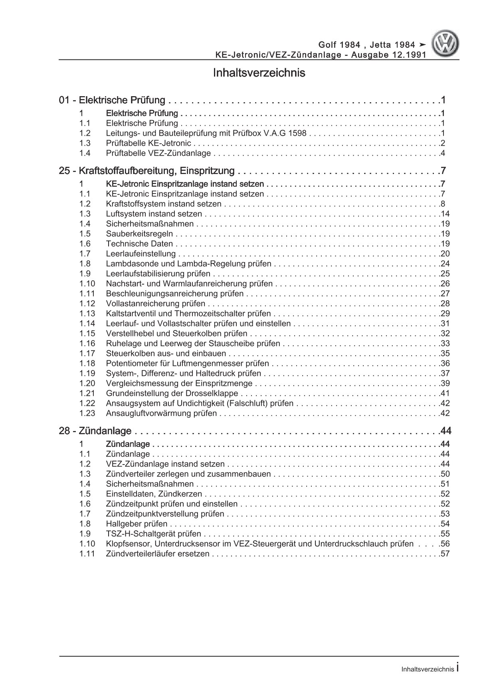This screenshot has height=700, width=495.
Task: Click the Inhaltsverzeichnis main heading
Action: click(x=259, y=73)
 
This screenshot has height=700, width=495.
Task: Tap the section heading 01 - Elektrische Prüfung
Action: click(x=112, y=100)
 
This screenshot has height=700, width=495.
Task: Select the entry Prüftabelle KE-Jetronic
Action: click(x=148, y=143)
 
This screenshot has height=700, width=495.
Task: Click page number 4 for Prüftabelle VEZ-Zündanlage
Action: click(x=442, y=153)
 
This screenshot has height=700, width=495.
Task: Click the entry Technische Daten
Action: click(x=139, y=244)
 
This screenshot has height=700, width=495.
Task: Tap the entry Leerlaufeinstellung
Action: click(x=141, y=254)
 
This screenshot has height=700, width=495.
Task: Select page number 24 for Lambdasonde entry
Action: click(x=444, y=264)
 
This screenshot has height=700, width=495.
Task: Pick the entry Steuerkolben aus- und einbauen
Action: click(x=166, y=354)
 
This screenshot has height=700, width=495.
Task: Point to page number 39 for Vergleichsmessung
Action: click(x=444, y=384)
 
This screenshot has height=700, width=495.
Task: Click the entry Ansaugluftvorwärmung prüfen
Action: click(x=161, y=413)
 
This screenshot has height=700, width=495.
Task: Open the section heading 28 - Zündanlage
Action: click(x=95, y=431)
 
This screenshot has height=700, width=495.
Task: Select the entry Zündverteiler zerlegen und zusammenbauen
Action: click(x=188, y=474)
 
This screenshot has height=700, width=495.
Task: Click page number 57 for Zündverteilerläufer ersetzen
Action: click(x=444, y=554)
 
